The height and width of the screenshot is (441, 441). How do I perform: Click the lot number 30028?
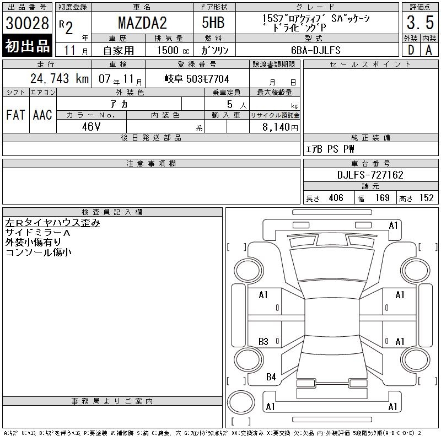pos(27,23)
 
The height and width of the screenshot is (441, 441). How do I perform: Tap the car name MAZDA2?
pos(142,23)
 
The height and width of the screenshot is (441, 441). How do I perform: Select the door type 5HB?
pos(213,23)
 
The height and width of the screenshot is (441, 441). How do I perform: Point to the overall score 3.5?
pos(420,23)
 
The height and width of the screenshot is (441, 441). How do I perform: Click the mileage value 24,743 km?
pos(60,78)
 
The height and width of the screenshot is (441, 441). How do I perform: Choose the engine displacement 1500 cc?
pos(173,50)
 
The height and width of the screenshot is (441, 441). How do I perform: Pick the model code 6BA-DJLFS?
pos(316,50)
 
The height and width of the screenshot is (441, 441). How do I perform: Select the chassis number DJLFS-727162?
pos(370,175)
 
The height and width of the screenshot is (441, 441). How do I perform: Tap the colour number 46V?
pos(91,127)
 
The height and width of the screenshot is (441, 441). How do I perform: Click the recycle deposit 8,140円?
pos(280,127)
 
